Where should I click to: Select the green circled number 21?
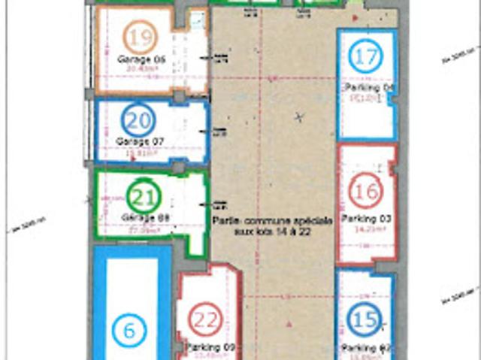pos(143,198)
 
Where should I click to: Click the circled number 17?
pos(365,56)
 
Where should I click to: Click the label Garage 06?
pos(141,58)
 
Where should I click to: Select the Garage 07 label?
pos(141,141)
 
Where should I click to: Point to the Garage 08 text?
pos(142,217)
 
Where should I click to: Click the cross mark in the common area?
pos(300,116)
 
